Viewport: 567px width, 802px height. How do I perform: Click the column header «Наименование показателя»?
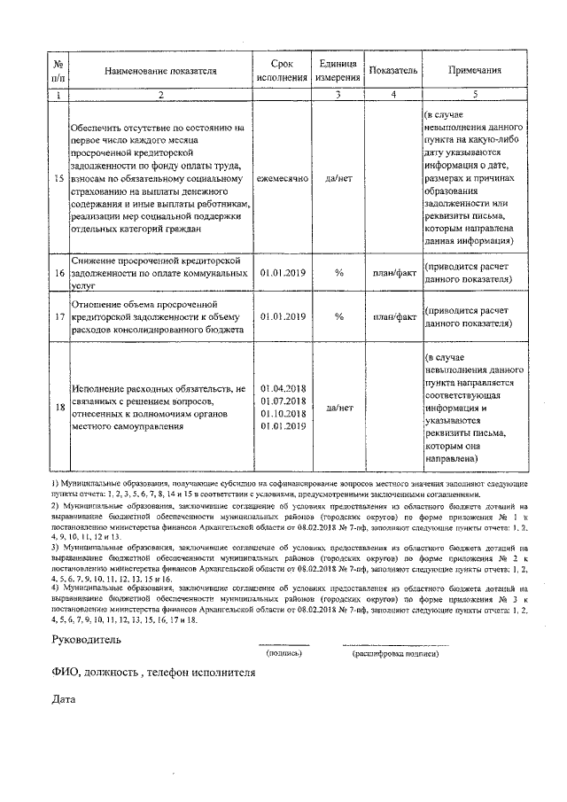pyautogui.click(x=161, y=71)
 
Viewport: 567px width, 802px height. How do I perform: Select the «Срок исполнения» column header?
pyautogui.click(x=283, y=71)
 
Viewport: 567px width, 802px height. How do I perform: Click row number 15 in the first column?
pyautogui.click(x=58, y=178)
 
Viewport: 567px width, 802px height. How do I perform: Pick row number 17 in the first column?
pyautogui.click(x=58, y=316)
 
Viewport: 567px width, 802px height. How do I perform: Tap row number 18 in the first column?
pyautogui.click(x=58, y=408)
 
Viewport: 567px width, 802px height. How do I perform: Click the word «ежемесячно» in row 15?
pyautogui.click(x=283, y=178)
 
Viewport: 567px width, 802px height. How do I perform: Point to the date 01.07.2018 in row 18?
pyautogui.click(x=283, y=401)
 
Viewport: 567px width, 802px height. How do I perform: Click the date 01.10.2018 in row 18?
pyautogui.click(x=283, y=414)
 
